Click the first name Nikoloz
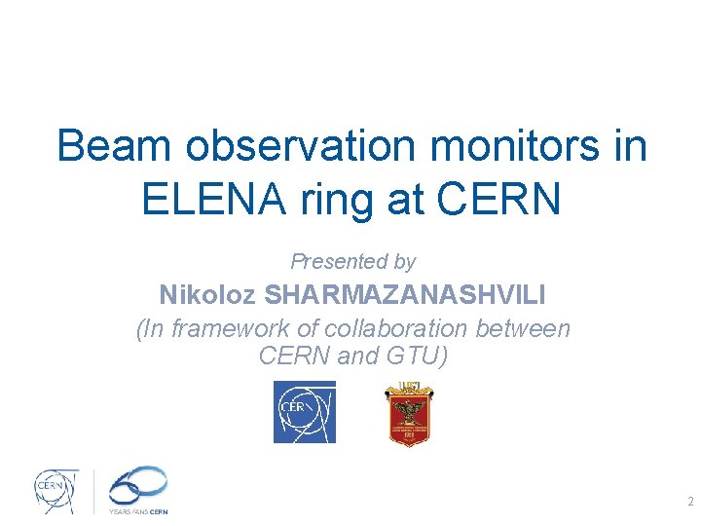point(208,294)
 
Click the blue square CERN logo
point(304,412)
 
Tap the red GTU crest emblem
point(409,413)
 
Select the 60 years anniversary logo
point(138,484)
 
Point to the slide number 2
point(690,503)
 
